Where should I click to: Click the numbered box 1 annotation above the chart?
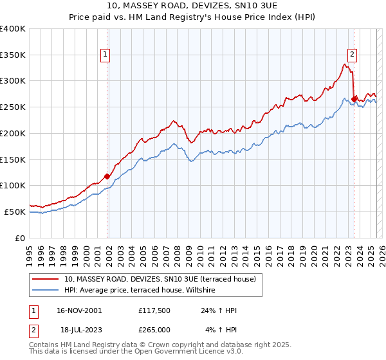104,55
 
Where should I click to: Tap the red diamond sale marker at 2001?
107,176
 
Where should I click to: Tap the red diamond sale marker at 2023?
354,98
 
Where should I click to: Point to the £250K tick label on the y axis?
13,107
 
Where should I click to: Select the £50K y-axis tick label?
15,212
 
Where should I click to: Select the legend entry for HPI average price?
140,291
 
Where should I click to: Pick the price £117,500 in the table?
153,310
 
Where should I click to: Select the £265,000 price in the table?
153,330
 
